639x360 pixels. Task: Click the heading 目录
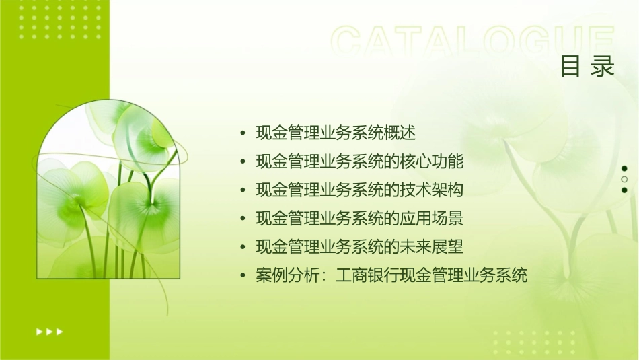587,67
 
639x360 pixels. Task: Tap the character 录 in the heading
603,67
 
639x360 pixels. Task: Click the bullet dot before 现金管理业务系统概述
243,133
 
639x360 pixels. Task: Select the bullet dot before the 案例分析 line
243,276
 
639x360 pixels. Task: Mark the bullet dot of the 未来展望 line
243,248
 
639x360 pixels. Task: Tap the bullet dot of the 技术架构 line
243,190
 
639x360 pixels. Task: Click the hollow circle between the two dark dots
624,180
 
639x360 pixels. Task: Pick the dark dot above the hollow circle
624,168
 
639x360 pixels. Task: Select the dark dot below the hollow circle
624,190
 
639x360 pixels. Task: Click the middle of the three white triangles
49,331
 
